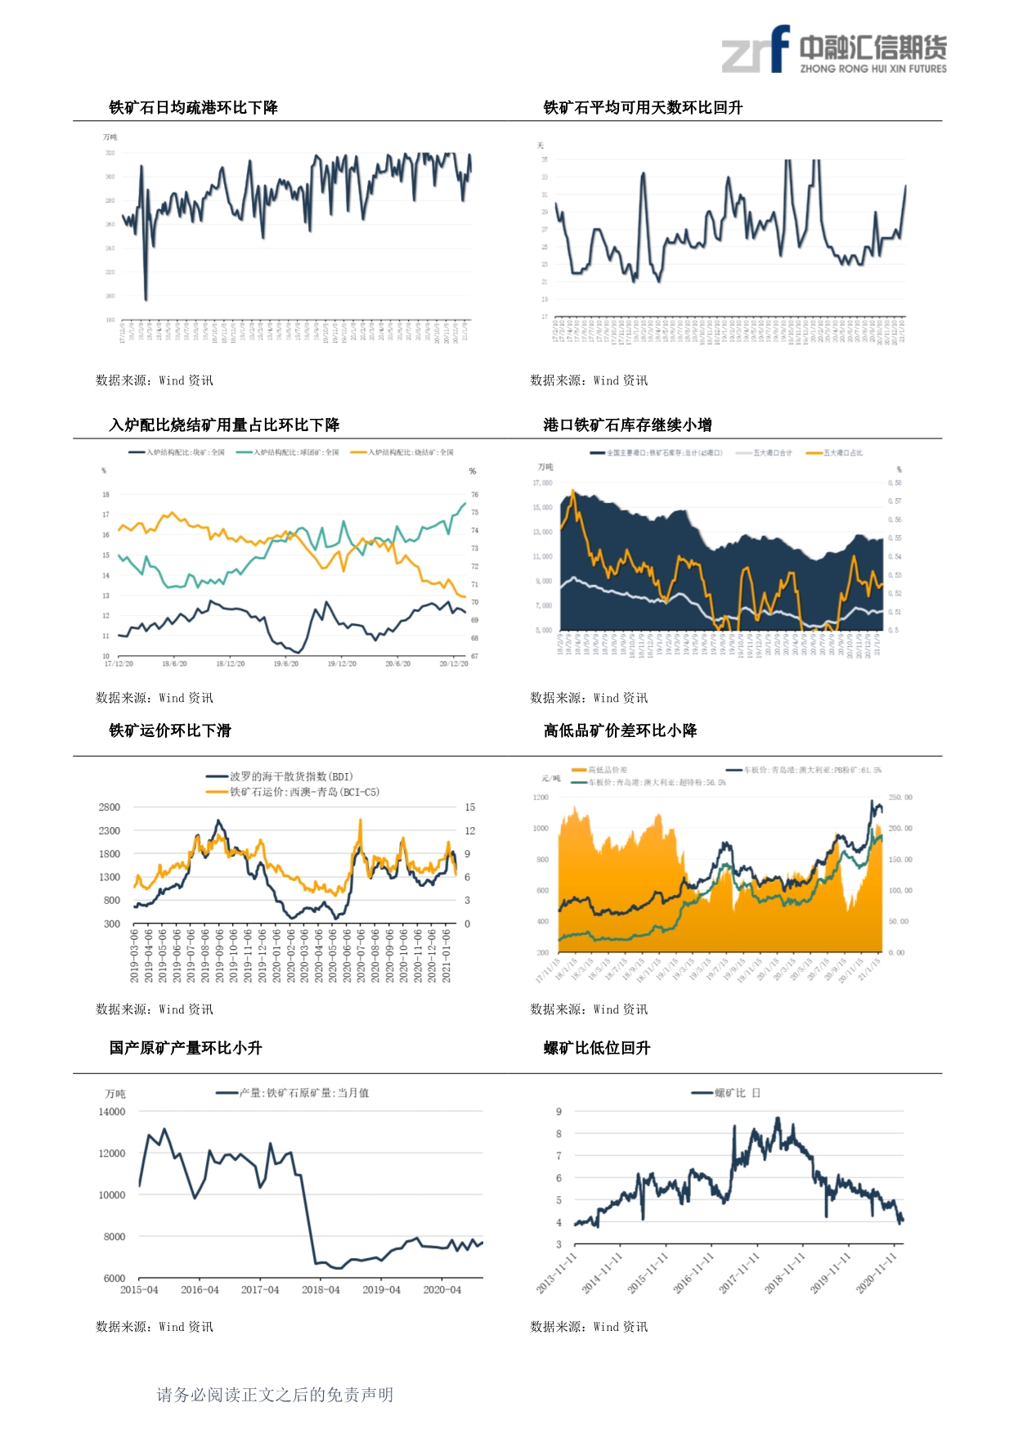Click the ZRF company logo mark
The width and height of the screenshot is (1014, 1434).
pyautogui.click(x=756, y=51)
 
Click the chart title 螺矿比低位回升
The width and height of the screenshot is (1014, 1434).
pyautogui.click(x=597, y=1048)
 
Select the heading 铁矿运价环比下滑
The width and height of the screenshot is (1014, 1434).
pyautogui.click(x=170, y=730)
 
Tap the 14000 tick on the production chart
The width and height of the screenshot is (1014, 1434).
pyautogui.click(x=112, y=1112)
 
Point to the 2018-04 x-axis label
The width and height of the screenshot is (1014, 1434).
pyautogui.click(x=321, y=1290)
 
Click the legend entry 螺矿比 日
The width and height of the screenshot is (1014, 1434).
pyautogui.click(x=726, y=1093)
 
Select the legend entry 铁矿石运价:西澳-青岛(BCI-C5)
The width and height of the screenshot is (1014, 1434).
pyautogui.click(x=294, y=792)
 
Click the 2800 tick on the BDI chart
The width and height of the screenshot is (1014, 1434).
pyautogui.click(x=110, y=807)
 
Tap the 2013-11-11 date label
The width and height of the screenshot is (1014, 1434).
pyautogui.click(x=558, y=1272)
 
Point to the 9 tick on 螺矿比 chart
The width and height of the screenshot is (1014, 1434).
pyautogui.click(x=559, y=1112)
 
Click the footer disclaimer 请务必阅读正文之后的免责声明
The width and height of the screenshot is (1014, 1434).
pyautogui.click(x=275, y=1395)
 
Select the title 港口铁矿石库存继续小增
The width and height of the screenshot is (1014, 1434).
pyautogui.click(x=627, y=425)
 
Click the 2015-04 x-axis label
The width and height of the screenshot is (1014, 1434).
pyautogui.click(x=139, y=1290)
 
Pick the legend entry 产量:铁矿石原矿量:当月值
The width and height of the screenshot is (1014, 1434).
pyautogui.click(x=294, y=1093)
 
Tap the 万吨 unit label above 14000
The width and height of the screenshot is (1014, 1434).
pyautogui.click(x=115, y=1094)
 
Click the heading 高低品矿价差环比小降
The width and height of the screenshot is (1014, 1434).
pyautogui.click(x=620, y=730)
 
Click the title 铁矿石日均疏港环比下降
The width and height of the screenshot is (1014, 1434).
pyautogui.click(x=194, y=107)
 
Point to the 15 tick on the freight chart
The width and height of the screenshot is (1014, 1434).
pyautogui.click(x=469, y=807)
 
